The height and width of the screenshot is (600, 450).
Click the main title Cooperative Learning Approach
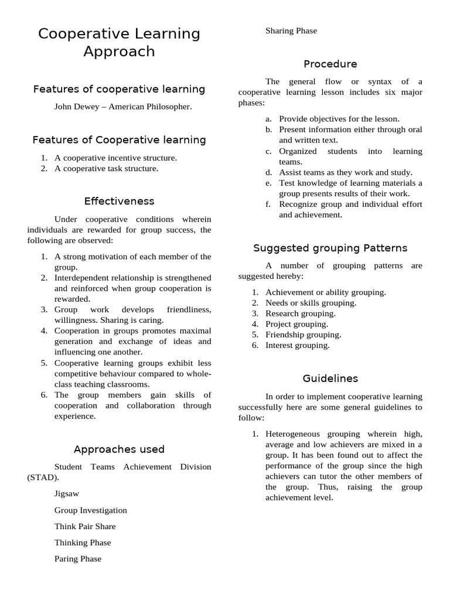[119, 43]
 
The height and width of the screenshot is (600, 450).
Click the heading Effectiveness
[119, 201]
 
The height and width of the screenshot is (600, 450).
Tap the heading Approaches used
[119, 449]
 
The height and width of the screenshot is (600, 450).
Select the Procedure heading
[330, 64]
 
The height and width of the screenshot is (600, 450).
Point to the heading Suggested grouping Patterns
[330, 248]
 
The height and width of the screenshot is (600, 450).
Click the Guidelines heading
[330, 379]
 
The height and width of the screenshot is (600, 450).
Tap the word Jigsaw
[67, 494]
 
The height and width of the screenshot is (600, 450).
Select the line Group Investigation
[90, 510]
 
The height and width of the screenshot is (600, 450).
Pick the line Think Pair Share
[85, 526]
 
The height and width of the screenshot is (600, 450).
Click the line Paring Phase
[78, 559]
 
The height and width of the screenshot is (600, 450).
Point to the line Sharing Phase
[291, 30]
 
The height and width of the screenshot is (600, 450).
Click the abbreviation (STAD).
[43, 478]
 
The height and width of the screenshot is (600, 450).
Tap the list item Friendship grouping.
[303, 335]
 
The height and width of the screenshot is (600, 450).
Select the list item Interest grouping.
[297, 345]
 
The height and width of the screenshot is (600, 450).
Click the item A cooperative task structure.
[106, 168]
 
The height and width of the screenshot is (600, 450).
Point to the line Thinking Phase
[82, 543]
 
